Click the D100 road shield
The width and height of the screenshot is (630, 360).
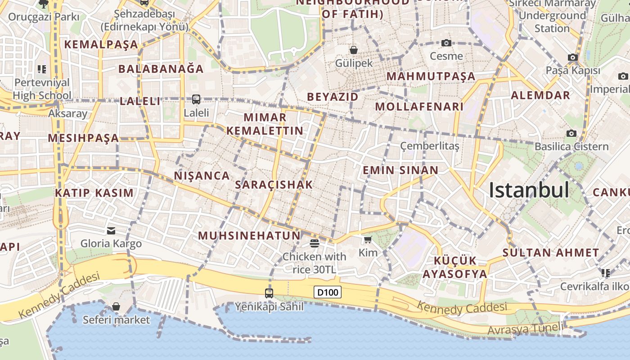coord(328,292)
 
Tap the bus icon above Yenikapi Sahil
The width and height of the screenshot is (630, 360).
coord(269,293)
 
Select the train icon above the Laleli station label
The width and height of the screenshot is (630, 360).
coord(196,99)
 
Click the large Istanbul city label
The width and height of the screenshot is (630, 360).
coord(529,190)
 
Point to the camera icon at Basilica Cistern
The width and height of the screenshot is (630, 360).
coord(571,133)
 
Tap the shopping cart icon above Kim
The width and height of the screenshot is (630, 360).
coord(368,239)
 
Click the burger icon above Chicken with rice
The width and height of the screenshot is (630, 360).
coord(315,243)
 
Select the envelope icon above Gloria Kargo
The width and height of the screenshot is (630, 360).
coord(111,231)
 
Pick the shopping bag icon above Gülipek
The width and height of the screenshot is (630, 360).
coord(354,49)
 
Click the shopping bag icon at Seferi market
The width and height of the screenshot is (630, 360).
coord(116,306)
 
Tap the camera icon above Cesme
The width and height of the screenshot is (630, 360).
coord(446,43)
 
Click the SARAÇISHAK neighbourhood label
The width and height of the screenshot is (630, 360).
coord(274,184)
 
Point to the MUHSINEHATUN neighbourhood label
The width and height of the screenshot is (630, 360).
coord(249,235)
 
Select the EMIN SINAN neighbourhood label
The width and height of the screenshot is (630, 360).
coord(400,170)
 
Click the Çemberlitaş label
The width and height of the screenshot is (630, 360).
coord(430,146)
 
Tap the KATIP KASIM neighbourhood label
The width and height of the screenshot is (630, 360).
coord(94,193)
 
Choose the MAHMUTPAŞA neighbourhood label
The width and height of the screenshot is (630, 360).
coord(431,76)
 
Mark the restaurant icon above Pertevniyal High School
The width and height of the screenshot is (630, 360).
coord(42,69)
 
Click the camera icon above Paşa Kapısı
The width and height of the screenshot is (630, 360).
coord(572,58)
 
